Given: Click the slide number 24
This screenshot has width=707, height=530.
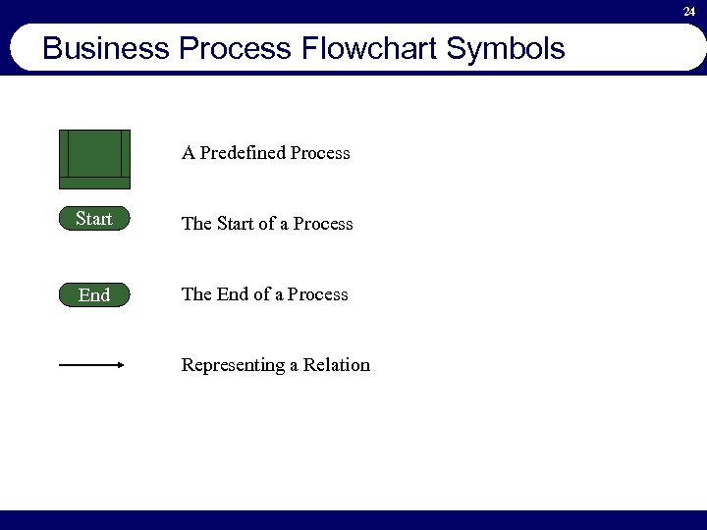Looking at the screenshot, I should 689,12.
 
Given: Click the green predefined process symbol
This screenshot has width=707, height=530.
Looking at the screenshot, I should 94,158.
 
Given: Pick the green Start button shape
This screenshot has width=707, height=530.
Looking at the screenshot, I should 94,219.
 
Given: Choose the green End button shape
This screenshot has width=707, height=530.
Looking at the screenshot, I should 94,294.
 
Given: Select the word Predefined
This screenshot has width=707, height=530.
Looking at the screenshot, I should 242,153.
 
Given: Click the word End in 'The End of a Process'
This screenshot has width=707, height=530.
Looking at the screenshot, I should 233,294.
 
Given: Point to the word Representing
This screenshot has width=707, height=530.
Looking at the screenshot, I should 233,365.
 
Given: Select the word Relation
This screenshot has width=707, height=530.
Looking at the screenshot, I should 337,365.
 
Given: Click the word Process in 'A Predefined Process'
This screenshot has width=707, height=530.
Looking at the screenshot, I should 320,153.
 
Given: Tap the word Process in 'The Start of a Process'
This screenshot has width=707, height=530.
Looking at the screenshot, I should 322,224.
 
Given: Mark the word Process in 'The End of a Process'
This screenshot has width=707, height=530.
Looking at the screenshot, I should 317,294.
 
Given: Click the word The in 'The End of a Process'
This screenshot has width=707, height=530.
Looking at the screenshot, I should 196,294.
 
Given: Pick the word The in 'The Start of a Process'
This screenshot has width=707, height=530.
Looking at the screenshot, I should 196,224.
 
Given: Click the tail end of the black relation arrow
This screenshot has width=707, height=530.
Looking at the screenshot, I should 62,365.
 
